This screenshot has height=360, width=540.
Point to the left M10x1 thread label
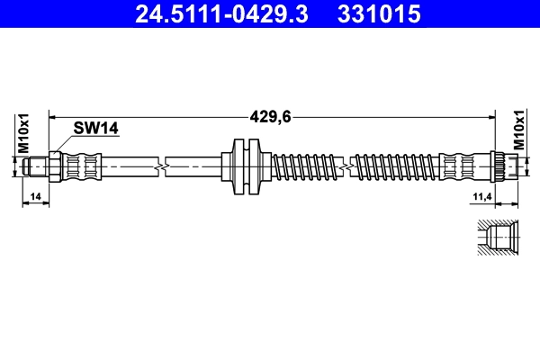(24, 133)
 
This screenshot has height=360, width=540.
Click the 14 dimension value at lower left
(34, 196)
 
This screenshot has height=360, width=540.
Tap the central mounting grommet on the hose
(245, 166)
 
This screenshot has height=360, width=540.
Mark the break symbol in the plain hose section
(160, 166)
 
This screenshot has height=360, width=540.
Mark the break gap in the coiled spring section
(349, 166)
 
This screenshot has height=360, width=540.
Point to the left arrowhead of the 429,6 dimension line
(52, 115)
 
